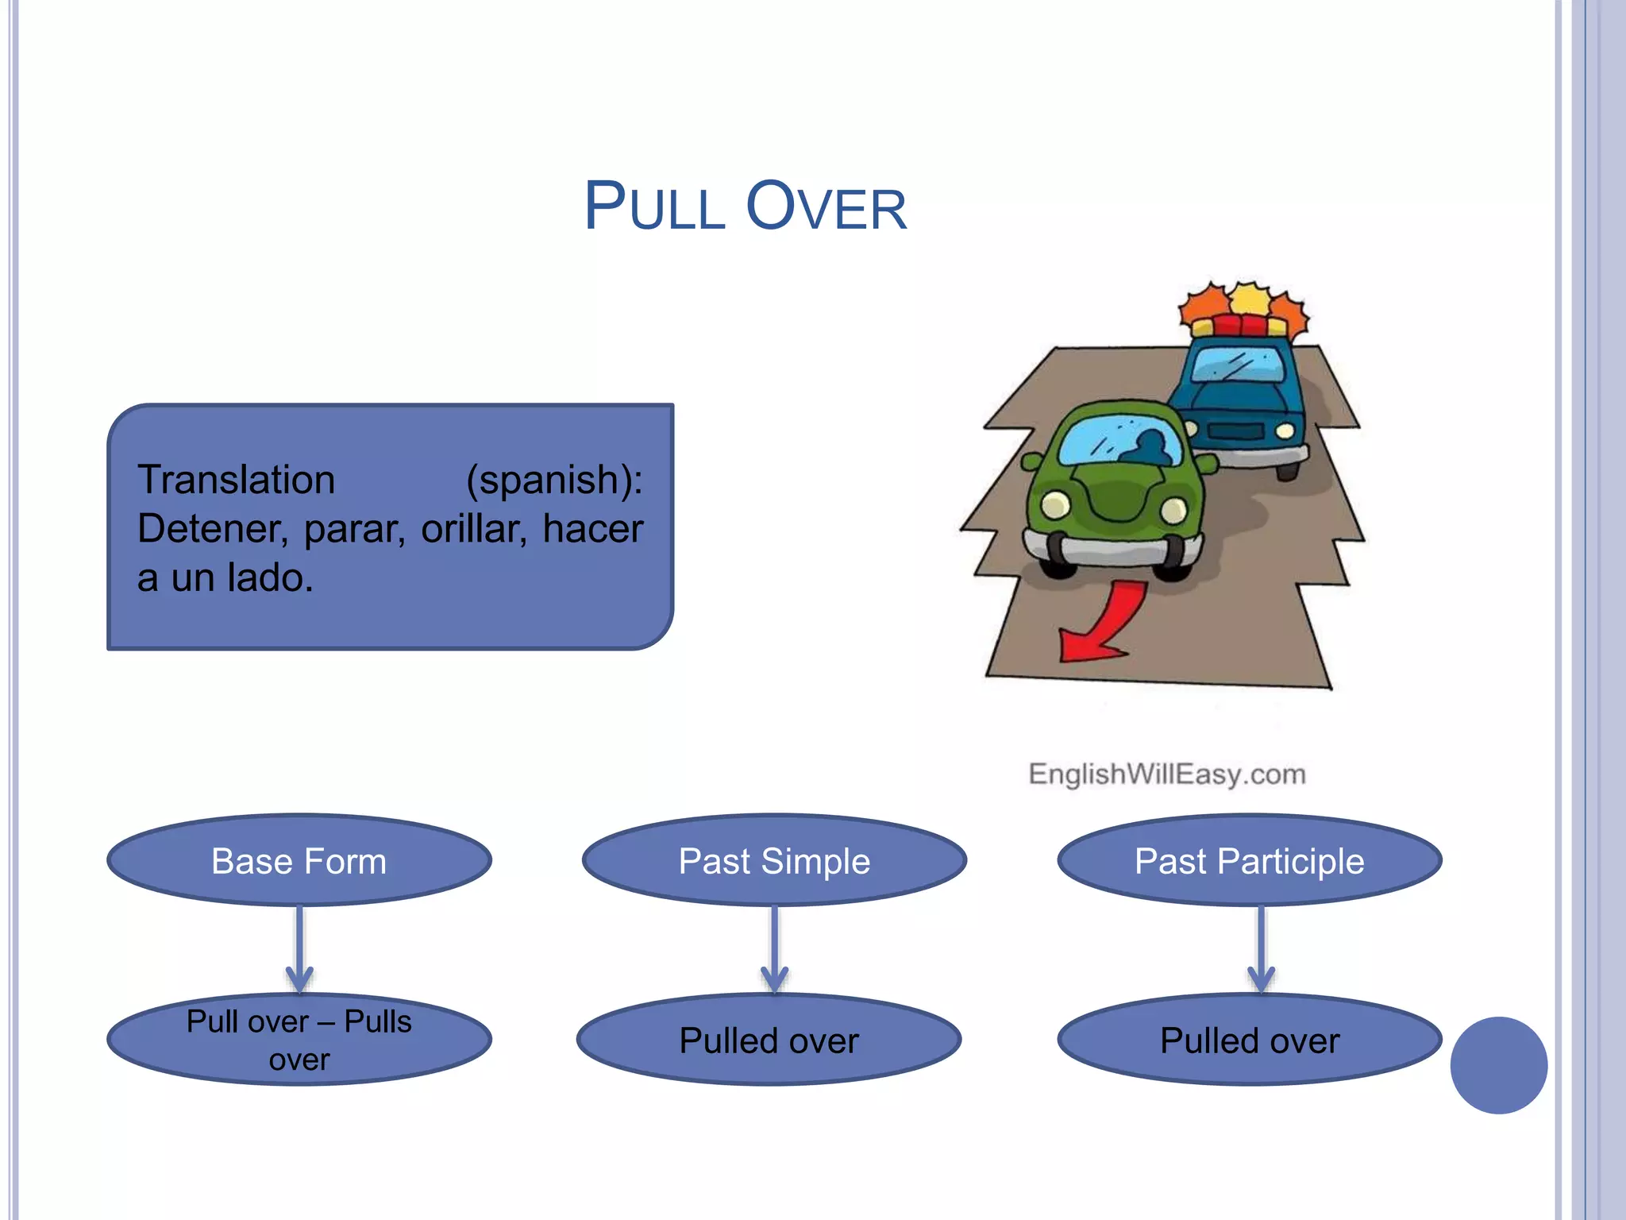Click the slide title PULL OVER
pos(745,207)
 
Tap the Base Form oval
pos(299,861)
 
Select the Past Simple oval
pos(774,861)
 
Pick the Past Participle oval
pos(1249,861)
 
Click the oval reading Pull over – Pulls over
pos(299,1040)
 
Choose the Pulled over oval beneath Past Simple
pos(769,1040)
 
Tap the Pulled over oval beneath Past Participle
pos(1249,1040)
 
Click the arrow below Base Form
pos(299,949)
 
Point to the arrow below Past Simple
pos(774,949)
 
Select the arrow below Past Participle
pos(1261,949)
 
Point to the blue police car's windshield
pos(1239,365)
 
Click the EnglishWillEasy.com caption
pos(1166,774)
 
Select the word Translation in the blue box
pos(236,480)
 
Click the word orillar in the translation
pos(473,529)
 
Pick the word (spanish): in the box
pos(554,480)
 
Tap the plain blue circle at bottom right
pos(1498,1065)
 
